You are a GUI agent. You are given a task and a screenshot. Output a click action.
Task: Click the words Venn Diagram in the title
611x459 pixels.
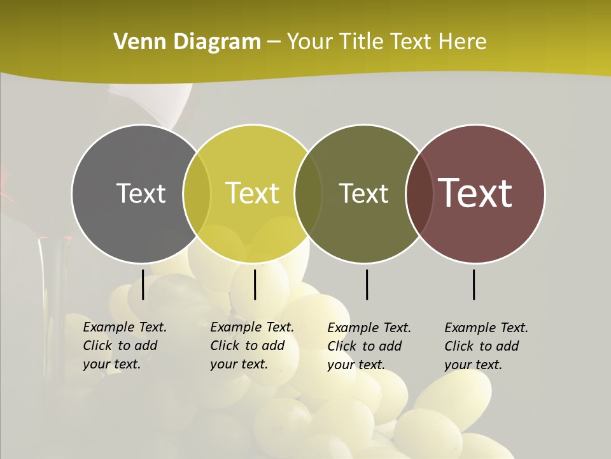pos(187,42)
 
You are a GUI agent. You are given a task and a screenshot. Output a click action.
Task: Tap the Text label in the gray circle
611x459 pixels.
pos(141,193)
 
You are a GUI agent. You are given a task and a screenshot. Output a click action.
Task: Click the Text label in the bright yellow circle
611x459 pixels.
pos(253,193)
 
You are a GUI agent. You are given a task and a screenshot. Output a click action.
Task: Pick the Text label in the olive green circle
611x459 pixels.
pos(363,193)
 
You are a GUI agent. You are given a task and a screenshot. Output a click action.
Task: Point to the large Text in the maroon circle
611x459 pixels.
pos(475,193)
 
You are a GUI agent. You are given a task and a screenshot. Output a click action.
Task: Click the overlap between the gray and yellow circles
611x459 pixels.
pos(197,194)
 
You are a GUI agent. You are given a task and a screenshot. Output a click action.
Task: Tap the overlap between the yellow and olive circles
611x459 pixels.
pos(308,194)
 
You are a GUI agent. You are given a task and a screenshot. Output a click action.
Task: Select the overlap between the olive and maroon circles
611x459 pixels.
pos(419,194)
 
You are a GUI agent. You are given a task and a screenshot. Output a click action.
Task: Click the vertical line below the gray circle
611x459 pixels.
pos(143,284)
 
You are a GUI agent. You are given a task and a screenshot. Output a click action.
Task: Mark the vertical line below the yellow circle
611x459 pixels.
pos(255,284)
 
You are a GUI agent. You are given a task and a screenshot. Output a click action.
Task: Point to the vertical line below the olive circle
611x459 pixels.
pos(367,284)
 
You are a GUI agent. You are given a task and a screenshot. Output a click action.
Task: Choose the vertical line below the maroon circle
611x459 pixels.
pos(474,284)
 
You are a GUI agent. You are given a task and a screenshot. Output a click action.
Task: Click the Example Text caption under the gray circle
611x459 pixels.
pos(125,346)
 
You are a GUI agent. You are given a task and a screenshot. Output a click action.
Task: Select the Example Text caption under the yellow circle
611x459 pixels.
pos(252,346)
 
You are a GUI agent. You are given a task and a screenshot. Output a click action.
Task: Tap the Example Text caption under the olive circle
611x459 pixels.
pos(369,346)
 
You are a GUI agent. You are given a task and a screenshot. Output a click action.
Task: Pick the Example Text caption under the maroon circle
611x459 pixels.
pos(486,346)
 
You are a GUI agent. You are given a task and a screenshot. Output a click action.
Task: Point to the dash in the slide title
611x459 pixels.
pos(274,43)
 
